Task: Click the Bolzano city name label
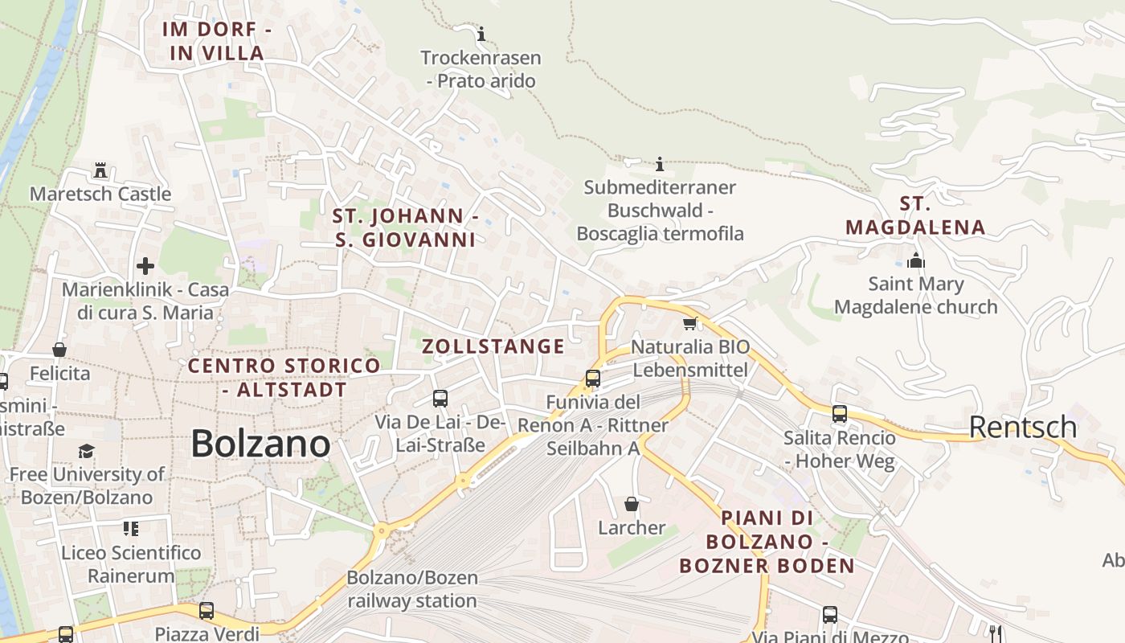(260, 444)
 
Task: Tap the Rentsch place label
(1023, 427)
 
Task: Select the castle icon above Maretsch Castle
(100, 170)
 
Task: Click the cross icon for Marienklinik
(145, 266)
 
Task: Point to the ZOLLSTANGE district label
(493, 346)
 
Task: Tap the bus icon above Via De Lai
(440, 398)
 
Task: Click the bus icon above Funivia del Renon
(593, 379)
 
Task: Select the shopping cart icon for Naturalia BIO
(689, 323)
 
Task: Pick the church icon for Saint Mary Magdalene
(915, 260)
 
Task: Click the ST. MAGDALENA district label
(915, 215)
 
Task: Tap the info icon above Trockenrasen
(481, 34)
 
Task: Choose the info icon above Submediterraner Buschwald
(660, 164)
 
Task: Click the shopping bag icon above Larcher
(632, 504)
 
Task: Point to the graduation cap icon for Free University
(86, 451)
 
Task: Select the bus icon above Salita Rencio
(840, 414)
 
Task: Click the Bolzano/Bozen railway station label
(412, 589)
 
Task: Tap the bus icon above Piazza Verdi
(207, 610)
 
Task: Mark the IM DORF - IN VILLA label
(217, 41)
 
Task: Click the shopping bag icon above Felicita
(59, 350)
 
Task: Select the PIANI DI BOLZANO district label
(767, 541)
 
